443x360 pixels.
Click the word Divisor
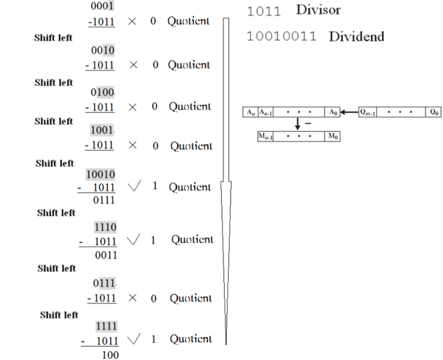[x=318, y=11]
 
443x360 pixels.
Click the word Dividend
[x=356, y=37]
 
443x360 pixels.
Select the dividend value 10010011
[x=281, y=37]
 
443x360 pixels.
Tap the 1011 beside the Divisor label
[x=263, y=11]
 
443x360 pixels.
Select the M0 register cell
[x=333, y=137]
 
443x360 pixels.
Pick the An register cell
[x=250, y=112]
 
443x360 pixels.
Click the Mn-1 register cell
[x=266, y=137]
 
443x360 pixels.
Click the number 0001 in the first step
[x=103, y=6]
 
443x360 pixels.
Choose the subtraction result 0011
[x=106, y=255]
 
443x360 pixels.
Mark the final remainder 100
[x=109, y=354]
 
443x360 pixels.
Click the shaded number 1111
[x=106, y=326]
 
